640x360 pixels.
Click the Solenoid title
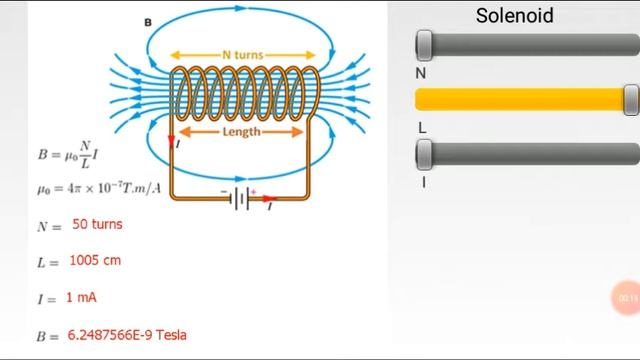514,15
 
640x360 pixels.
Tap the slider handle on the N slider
424,45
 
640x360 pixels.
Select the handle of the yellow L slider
630,99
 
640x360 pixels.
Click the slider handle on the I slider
424,153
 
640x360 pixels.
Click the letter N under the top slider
421,73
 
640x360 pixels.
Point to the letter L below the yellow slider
421,127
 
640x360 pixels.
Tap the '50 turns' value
97,224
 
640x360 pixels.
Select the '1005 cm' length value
95,260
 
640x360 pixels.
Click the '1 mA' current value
81,297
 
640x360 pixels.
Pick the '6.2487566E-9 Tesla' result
127,335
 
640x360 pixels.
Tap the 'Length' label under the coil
241,131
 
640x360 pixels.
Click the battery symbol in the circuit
240,199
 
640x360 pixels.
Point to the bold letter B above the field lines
148,21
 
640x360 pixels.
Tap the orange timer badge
627,298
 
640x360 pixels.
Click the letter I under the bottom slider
422,181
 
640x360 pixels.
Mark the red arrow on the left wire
171,139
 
